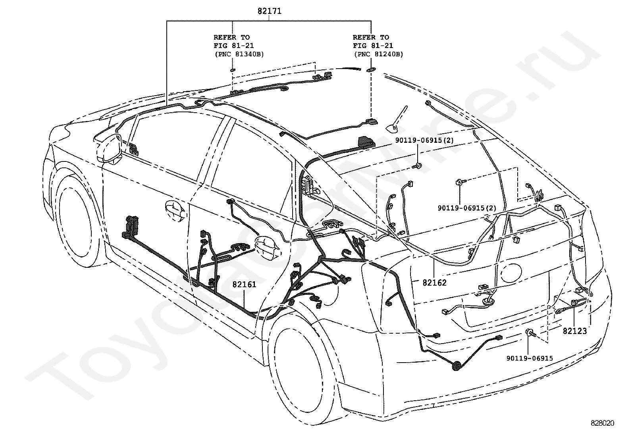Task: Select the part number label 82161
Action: pos(244,284)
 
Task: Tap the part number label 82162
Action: pos(434,282)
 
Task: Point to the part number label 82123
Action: pos(575,331)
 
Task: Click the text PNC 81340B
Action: pos(239,54)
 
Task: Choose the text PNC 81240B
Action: pos(379,54)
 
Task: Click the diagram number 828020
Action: pos(602,423)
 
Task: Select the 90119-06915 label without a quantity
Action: pos(530,359)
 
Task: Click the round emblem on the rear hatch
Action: pos(511,274)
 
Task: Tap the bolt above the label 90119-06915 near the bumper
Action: pos(530,332)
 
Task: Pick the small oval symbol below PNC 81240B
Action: pos(370,70)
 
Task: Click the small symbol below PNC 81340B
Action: pos(233,70)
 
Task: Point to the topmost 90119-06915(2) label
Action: pos(424,140)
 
